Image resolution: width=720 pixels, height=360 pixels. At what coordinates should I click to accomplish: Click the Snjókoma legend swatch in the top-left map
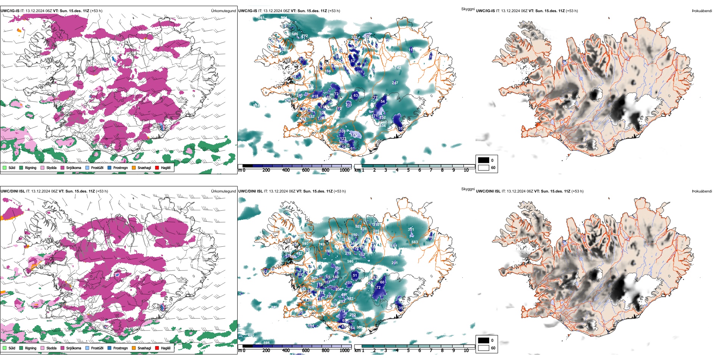click(x=63, y=167)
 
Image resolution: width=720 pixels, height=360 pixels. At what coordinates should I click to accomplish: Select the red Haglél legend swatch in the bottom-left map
click(x=157, y=348)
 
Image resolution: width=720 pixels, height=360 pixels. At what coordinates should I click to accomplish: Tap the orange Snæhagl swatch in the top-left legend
click(x=134, y=167)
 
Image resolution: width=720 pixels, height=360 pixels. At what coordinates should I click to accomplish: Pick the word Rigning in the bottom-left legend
click(x=31, y=348)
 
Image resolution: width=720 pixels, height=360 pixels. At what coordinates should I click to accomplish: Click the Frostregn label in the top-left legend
click(x=121, y=168)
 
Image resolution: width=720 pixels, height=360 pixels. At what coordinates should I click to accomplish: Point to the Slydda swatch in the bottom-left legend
click(x=42, y=348)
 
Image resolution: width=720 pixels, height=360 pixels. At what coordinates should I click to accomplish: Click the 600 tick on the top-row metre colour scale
click(x=305, y=170)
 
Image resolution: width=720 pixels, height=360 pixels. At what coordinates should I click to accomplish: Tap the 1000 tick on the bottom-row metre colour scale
click(x=344, y=351)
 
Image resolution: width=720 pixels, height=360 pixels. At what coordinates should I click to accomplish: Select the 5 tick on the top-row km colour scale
click(x=408, y=170)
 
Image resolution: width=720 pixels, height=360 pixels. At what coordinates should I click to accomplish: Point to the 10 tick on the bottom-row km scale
click(x=466, y=351)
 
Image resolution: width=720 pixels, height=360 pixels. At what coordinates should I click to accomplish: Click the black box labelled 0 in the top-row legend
click(x=484, y=160)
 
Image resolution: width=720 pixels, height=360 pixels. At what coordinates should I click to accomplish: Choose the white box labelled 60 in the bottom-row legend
click(x=484, y=348)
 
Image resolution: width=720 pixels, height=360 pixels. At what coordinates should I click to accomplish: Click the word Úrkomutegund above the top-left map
click(x=223, y=11)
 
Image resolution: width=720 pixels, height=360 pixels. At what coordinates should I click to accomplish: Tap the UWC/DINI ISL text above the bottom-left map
click(x=13, y=191)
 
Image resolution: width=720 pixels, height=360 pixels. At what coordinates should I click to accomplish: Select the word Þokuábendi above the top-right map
click(x=702, y=11)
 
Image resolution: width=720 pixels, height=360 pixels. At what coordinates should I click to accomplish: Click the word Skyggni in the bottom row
click(x=468, y=189)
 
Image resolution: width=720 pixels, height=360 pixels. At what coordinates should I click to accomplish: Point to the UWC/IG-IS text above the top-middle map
click(x=247, y=11)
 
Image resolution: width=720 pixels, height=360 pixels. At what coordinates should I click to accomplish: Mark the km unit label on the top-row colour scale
click(x=357, y=170)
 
